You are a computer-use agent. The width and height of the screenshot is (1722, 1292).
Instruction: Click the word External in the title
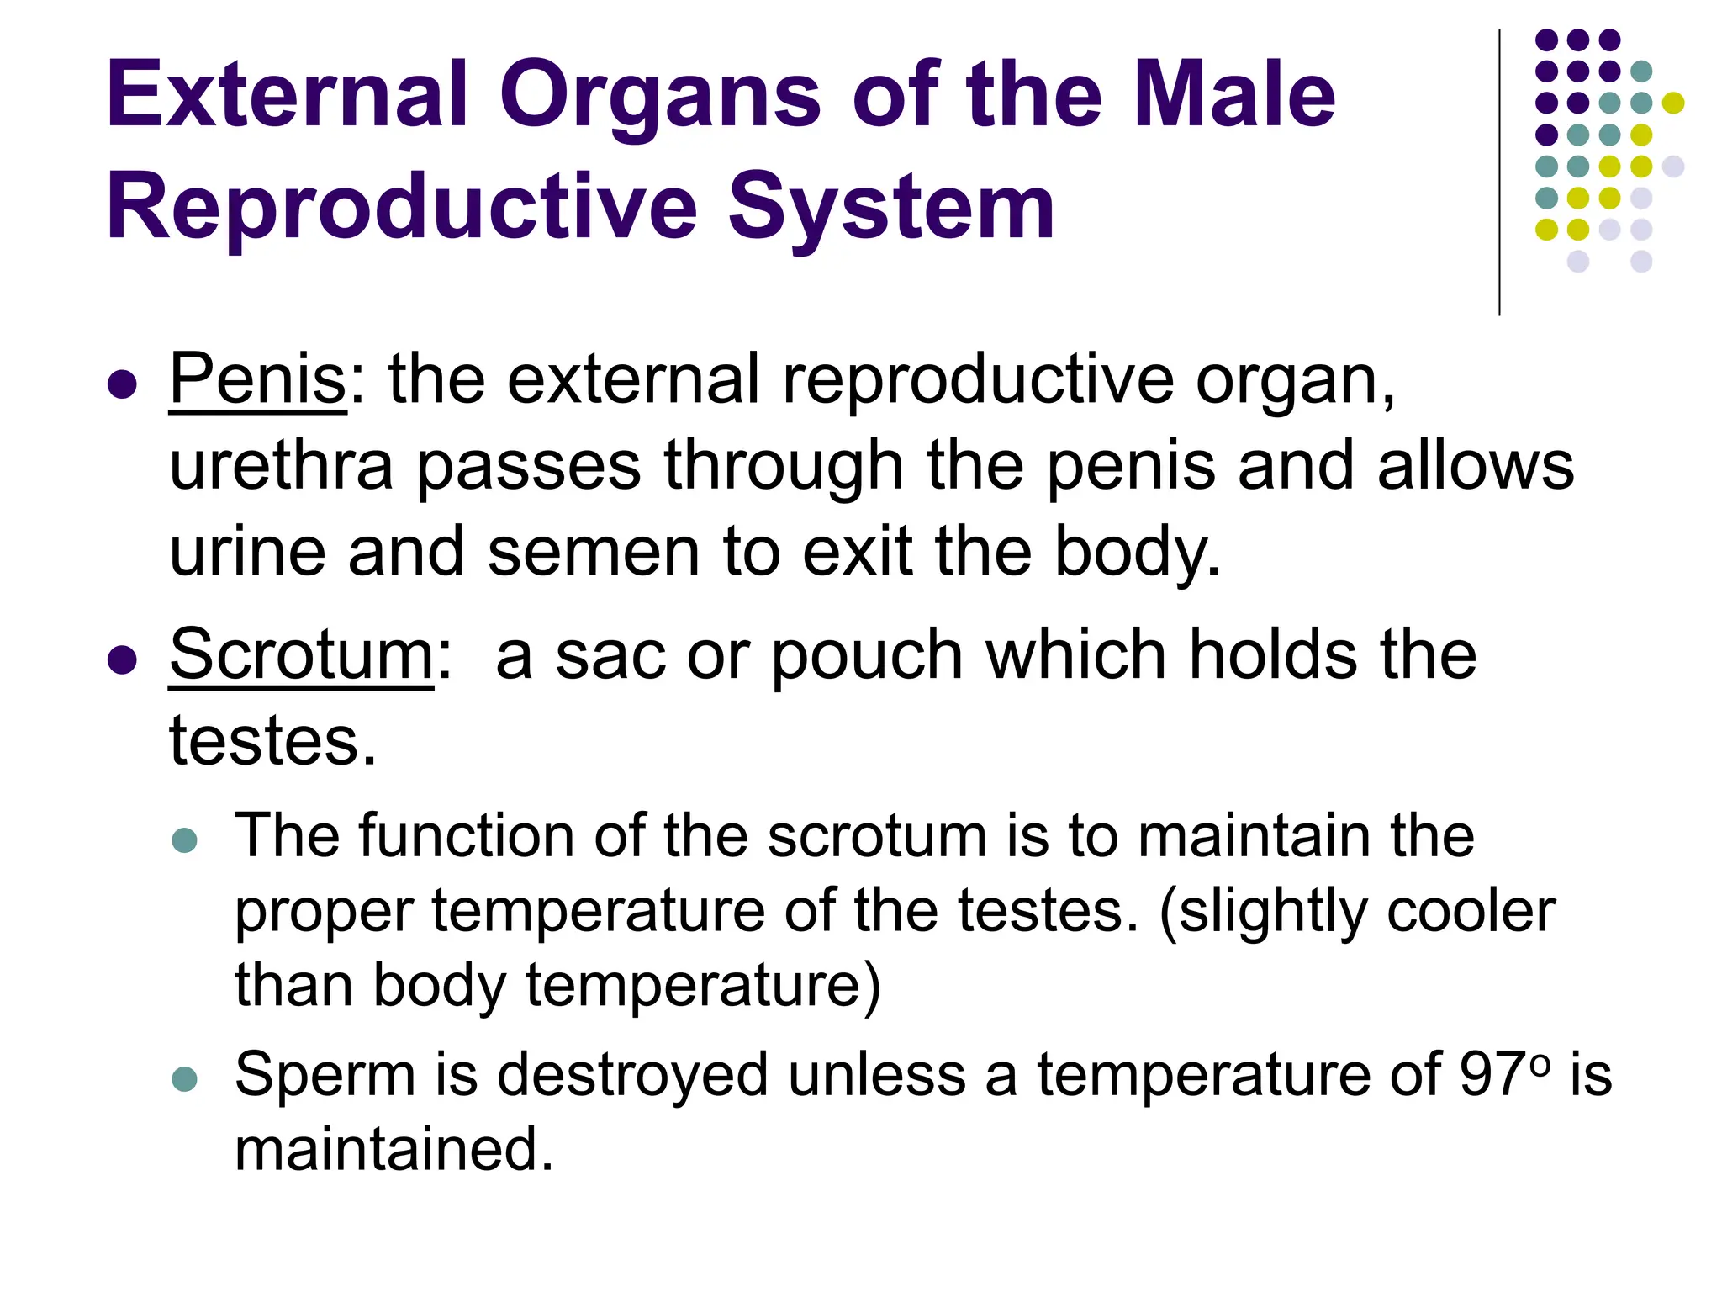point(287,94)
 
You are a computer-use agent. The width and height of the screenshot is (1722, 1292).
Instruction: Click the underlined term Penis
point(257,379)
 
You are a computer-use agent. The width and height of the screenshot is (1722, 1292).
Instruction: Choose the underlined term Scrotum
point(301,654)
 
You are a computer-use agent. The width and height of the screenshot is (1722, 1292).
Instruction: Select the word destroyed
point(632,1074)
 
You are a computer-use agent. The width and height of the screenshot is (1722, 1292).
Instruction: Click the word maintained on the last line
point(394,1149)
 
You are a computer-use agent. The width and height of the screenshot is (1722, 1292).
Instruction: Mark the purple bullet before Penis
point(123,384)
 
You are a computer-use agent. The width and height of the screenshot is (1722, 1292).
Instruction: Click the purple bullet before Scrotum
point(123,659)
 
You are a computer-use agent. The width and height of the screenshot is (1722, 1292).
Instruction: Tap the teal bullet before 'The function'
point(184,839)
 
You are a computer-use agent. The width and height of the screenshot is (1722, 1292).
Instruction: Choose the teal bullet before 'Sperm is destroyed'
point(184,1078)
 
